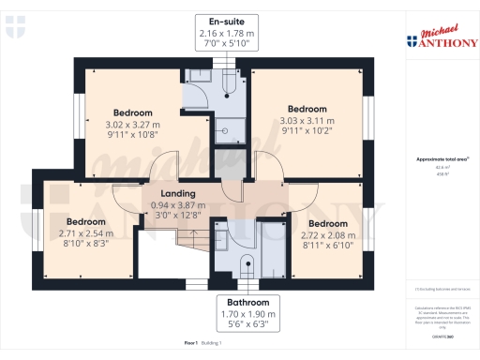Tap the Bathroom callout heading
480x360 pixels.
pyautogui.click(x=249, y=303)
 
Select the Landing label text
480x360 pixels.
pyautogui.click(x=178, y=193)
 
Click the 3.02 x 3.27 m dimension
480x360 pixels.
pyautogui.click(x=132, y=125)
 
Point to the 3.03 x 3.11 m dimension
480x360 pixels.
pyautogui.click(x=307, y=120)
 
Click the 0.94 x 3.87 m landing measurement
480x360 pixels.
pyautogui.click(x=178, y=204)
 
